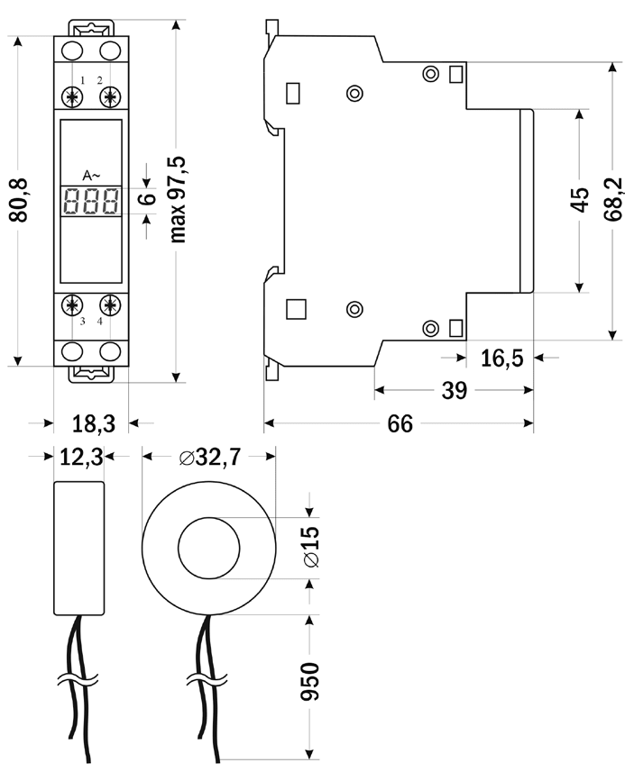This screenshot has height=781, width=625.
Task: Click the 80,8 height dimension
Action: coord(20,200)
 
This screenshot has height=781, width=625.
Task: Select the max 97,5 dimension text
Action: coord(178,198)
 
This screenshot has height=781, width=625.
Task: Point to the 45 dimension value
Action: coord(580,200)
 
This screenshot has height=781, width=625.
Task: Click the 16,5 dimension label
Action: coord(501,359)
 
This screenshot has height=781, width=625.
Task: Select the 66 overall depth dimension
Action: coord(400,423)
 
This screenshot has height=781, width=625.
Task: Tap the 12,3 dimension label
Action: coord(80,458)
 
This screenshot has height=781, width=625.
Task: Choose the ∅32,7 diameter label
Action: coord(209,458)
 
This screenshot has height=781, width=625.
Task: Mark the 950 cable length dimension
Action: coord(310,683)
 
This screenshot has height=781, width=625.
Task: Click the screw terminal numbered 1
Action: coord(71,96)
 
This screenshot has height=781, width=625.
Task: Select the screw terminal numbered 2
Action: coord(110,96)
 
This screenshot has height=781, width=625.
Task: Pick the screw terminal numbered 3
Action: coord(71,304)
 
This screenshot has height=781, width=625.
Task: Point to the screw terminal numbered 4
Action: coord(110,304)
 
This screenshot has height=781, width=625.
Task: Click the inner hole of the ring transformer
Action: coord(208,548)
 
